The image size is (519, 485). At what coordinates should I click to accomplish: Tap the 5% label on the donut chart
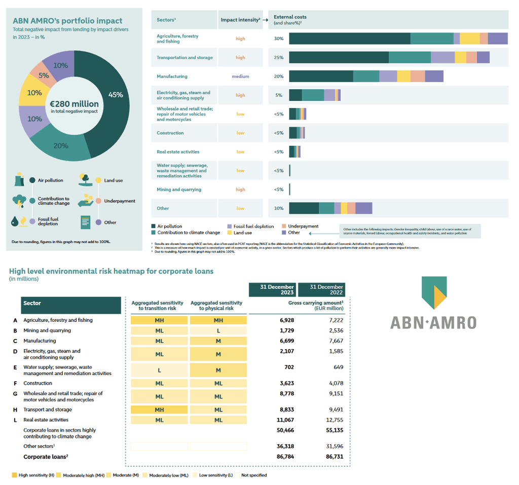click(x=44, y=76)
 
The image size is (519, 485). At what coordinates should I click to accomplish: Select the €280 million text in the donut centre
click(x=74, y=104)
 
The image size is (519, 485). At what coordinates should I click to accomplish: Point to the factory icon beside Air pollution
click(x=19, y=179)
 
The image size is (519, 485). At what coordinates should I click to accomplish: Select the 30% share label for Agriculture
click(x=279, y=39)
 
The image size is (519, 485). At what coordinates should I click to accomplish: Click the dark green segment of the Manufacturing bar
click(x=320, y=77)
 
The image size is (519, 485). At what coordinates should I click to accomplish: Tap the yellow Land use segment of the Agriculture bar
click(x=469, y=39)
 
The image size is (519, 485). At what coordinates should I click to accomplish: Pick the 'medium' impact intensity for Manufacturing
click(x=240, y=77)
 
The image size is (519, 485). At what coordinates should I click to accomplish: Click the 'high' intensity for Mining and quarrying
click(x=240, y=190)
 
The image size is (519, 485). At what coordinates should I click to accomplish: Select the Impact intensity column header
click(x=240, y=20)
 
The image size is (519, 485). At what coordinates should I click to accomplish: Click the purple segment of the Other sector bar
click(x=363, y=208)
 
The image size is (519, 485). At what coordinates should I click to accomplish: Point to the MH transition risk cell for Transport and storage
click(x=159, y=409)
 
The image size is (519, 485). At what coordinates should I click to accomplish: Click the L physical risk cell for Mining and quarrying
click(x=218, y=330)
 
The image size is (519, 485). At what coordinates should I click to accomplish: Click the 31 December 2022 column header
click(x=321, y=289)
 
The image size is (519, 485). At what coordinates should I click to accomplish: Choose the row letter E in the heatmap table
click(x=15, y=367)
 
